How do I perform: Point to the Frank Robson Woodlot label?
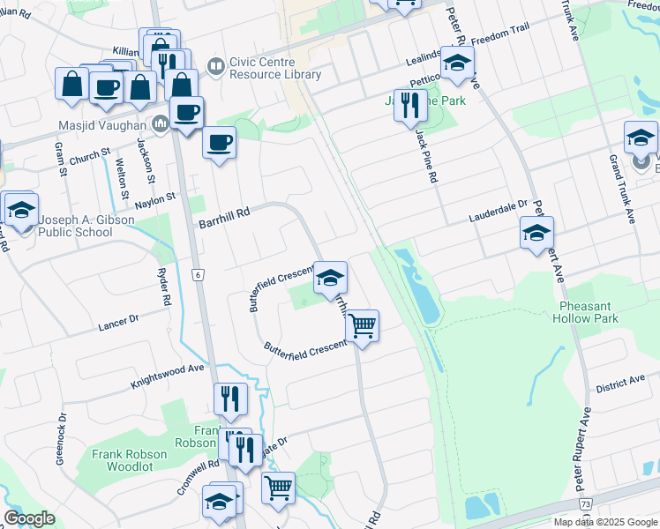[131, 461]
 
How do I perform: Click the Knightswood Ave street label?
[168, 377]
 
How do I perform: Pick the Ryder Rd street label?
[162, 287]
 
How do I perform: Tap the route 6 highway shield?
[199, 275]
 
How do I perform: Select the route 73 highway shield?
[586, 503]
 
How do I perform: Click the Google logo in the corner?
[29, 518]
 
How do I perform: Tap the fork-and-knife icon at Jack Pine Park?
[409, 106]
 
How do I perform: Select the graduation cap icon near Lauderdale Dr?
[536, 233]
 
